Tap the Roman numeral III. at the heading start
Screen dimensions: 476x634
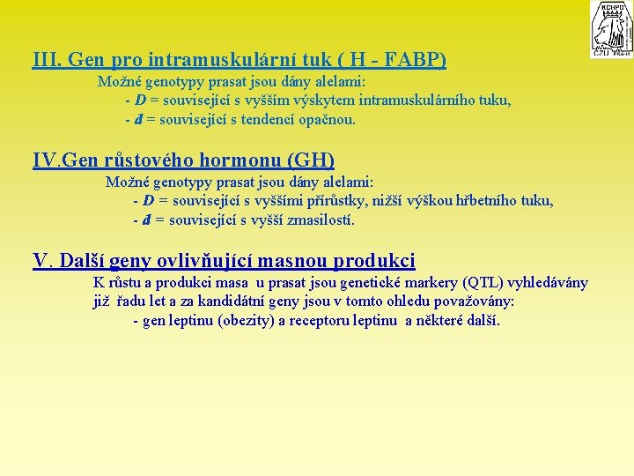pos(46,61)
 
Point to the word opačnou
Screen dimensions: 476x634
pos(327,119)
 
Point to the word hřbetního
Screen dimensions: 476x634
pos(486,201)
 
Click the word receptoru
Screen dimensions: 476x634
pos(321,320)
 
